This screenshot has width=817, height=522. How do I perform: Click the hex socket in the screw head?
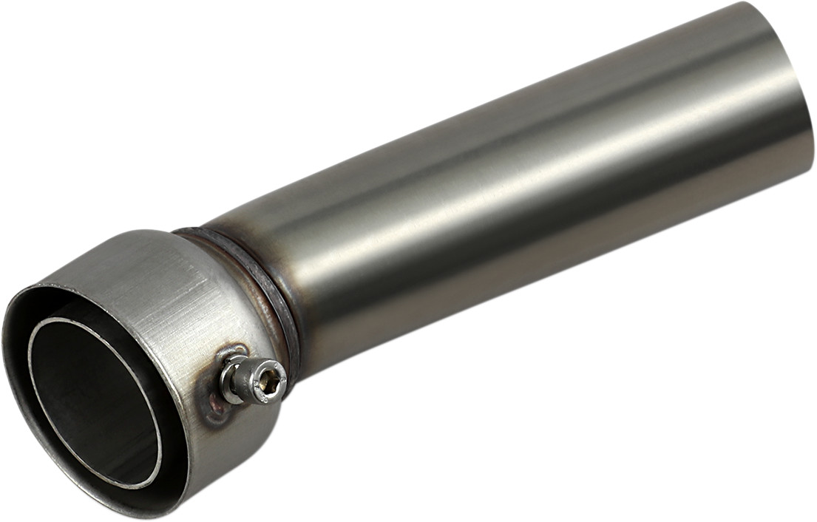[271, 379]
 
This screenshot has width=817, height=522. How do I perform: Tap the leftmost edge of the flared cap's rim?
[6, 348]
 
